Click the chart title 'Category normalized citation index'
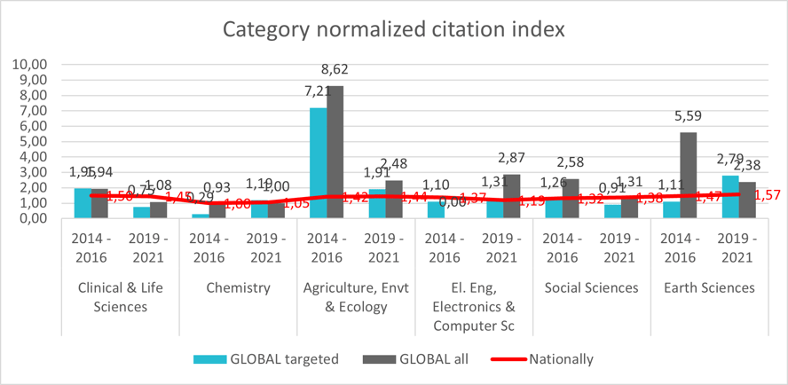click(x=393, y=29)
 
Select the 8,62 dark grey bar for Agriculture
click(x=335, y=151)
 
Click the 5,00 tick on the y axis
click(x=31, y=141)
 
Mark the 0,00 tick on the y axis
click(x=31, y=218)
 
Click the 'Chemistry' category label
click(x=238, y=287)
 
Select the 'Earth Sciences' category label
click(x=709, y=287)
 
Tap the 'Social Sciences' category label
click(x=591, y=287)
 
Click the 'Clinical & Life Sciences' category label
click(x=121, y=297)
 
